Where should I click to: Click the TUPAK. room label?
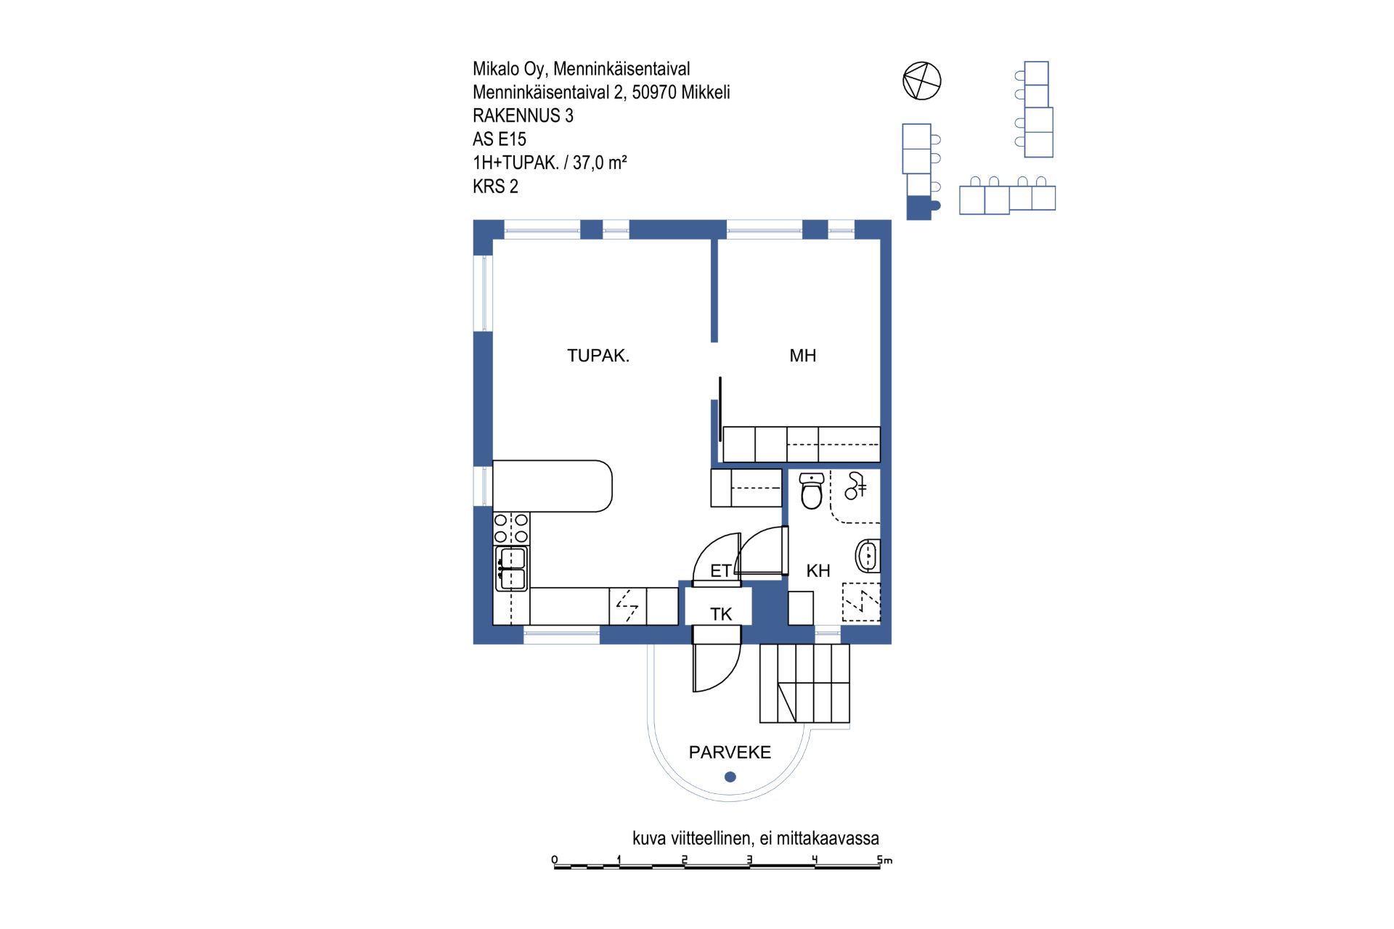[598, 356]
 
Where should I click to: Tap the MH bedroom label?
[802, 356]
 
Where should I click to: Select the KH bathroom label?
[818, 571]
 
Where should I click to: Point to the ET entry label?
[720, 571]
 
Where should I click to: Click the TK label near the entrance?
[721, 615]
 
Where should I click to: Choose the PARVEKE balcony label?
[730, 753]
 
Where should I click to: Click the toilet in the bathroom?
[811, 491]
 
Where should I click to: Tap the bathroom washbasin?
[868, 557]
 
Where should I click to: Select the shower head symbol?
[855, 486]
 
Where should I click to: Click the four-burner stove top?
[511, 528]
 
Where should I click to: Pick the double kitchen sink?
[512, 568]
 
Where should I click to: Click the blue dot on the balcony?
[730, 777]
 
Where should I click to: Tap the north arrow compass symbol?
[921, 81]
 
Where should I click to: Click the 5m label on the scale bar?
[884, 860]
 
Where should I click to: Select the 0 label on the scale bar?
[555, 860]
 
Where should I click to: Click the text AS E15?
[500, 139]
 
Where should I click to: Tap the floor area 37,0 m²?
[600, 163]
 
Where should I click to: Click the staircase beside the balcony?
[804, 683]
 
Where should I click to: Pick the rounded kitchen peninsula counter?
[553, 486]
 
